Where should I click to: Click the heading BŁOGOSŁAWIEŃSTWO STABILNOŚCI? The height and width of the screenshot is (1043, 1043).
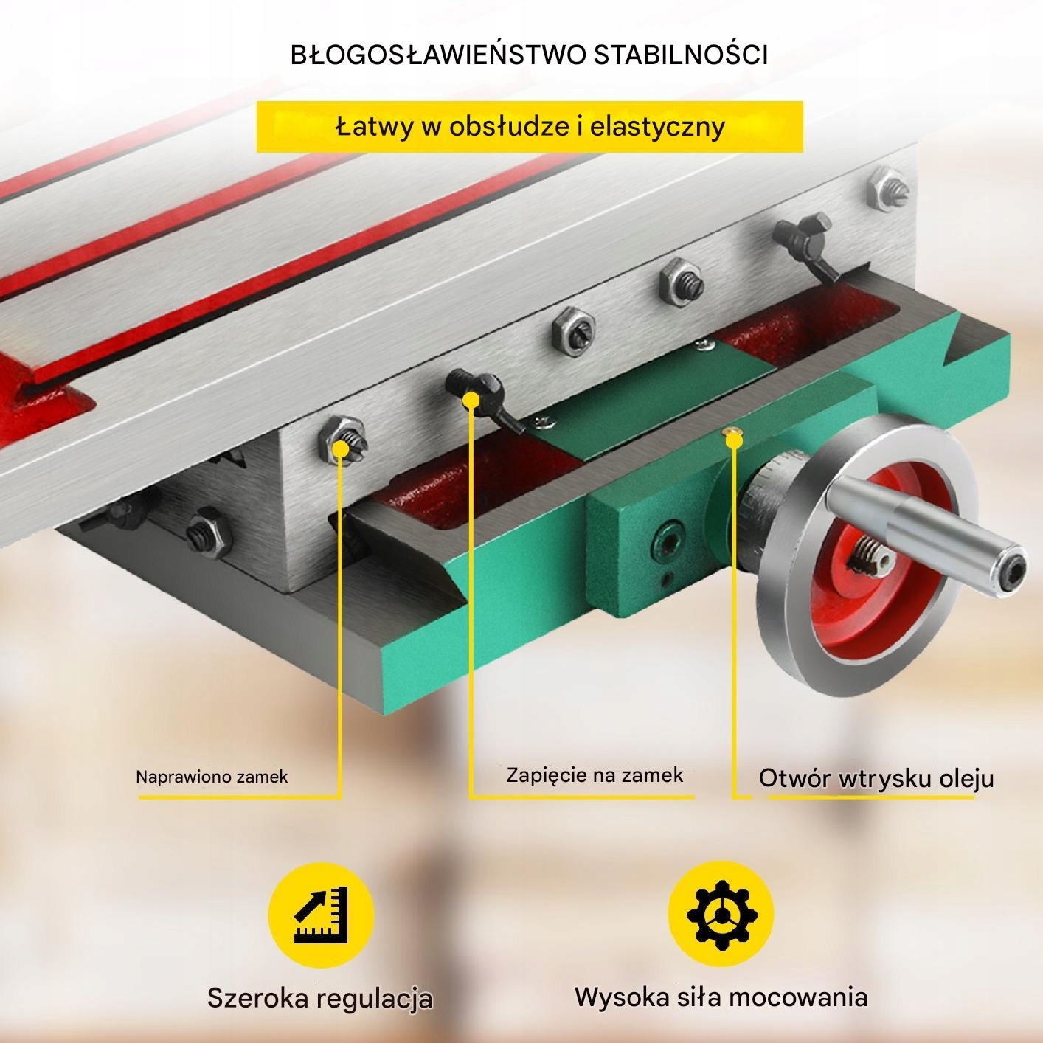[x=529, y=55]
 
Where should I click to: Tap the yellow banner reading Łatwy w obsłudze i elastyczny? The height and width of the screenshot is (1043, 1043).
[x=529, y=127]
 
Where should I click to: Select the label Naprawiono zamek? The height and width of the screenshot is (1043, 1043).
[x=212, y=777]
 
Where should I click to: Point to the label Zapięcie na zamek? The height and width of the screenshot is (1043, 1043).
[x=595, y=775]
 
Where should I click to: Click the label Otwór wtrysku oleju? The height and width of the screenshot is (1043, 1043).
[x=876, y=779]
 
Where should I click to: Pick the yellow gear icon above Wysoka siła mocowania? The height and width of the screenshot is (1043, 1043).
[x=721, y=914]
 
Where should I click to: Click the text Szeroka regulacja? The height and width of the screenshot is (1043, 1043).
[x=319, y=998]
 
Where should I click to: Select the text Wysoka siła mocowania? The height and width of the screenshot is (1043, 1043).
[x=721, y=997]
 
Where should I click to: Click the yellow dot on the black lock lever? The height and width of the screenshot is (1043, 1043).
[x=471, y=400]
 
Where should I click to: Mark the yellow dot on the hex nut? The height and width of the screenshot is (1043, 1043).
[x=341, y=447]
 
